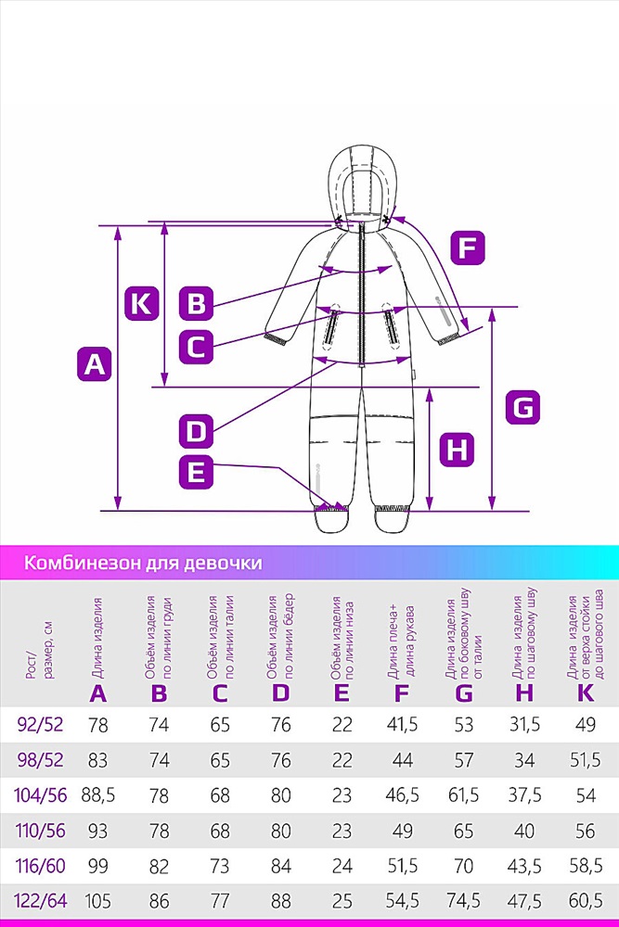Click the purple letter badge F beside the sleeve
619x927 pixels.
468,248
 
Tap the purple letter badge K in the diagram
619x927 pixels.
141,303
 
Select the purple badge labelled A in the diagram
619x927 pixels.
95,363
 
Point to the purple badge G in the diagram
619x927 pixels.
522,407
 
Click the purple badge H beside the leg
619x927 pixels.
457,450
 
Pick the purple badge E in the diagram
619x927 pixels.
196,472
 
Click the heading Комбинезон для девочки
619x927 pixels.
143,562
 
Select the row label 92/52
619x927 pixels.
40,724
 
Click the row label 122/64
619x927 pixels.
40,901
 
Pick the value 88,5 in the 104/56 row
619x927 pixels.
98,795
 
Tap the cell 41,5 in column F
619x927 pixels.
403,724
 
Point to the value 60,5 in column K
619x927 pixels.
586,901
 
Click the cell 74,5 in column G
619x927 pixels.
463,901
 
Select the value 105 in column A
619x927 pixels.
98,901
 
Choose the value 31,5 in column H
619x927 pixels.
524,724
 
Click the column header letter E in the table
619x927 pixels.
342,692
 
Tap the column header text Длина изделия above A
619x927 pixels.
97,638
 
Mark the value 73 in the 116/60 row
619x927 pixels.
220,866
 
